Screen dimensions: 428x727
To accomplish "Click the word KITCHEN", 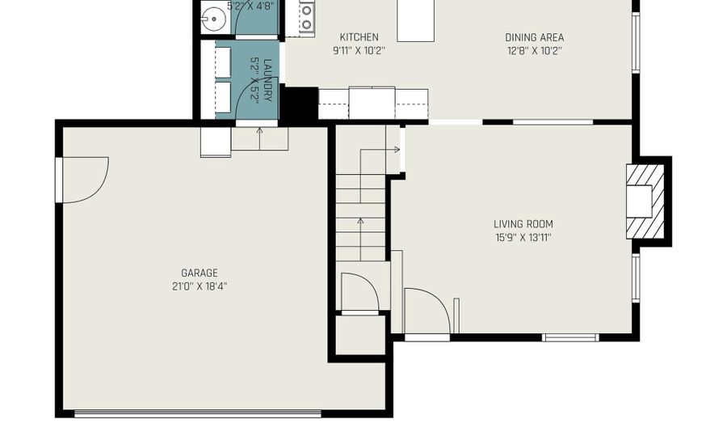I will (x=359, y=37).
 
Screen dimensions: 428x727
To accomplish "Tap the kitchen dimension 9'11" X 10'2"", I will (x=359, y=50).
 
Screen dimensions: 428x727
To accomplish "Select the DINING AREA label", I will (x=534, y=37).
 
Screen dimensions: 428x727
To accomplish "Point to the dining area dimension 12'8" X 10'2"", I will (x=534, y=50).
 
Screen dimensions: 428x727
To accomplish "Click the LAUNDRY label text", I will (x=267, y=79).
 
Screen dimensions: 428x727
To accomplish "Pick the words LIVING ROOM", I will (x=523, y=224).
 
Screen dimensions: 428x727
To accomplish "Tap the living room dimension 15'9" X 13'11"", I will (x=523, y=238).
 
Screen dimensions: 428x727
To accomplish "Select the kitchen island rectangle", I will (x=414, y=20).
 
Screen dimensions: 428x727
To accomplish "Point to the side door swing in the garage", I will (x=84, y=178).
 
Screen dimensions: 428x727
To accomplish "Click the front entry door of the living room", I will (x=427, y=311).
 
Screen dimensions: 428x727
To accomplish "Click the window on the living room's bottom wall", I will (x=570, y=337).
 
